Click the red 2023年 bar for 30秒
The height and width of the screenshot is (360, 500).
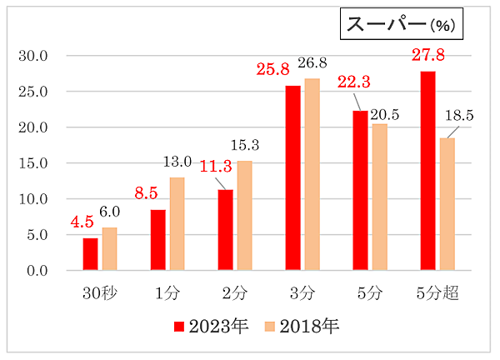pos(90,254)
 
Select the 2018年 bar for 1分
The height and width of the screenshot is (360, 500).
pos(177,224)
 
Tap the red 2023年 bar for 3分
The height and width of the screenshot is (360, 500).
pos(292,178)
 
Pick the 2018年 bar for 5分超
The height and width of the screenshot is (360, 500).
pos(447,204)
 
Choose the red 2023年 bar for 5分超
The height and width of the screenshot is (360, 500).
pos(427,171)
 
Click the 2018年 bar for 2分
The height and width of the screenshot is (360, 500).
pos(244,216)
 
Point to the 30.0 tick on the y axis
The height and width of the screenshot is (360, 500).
pos(34,56)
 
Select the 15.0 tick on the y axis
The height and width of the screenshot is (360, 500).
pos(34,163)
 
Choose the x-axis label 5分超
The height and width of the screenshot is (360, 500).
pos(438,292)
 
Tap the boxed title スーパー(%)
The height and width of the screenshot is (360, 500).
pos(401,24)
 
